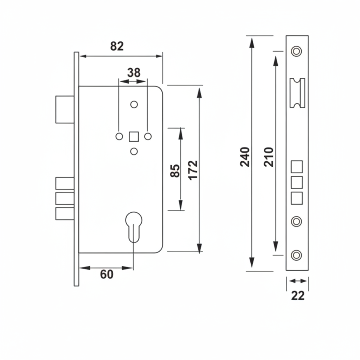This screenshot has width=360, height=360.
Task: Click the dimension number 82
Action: point(117,46)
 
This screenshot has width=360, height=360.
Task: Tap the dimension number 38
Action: point(134,73)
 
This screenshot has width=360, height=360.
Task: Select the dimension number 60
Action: point(107,274)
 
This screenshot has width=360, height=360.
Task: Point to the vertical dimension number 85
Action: point(175,171)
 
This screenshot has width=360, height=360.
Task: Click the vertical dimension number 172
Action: point(193,171)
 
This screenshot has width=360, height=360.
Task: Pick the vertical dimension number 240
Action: point(245,157)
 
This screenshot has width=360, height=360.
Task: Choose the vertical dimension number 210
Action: point(269,157)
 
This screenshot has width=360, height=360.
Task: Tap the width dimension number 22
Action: point(298,296)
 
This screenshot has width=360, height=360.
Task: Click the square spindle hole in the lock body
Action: point(134,136)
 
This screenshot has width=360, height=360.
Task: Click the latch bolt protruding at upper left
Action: point(65,109)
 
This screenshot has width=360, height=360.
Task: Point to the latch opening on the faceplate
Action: point(297,93)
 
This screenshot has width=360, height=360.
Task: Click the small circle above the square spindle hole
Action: point(134,104)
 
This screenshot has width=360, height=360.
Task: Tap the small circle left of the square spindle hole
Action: point(119,136)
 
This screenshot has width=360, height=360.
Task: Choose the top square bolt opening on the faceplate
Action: point(297,166)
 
